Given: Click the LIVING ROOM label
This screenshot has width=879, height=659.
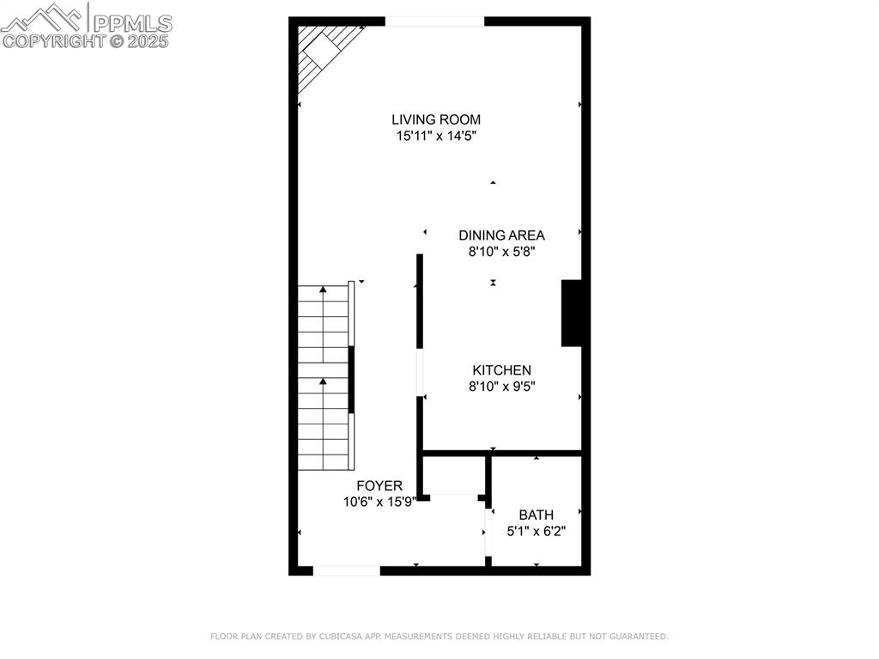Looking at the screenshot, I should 435,119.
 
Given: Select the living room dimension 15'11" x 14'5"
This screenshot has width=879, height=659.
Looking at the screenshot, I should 435,136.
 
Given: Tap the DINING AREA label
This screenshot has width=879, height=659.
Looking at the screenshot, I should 501,235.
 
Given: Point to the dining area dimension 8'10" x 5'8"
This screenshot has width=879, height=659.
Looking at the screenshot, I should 501,252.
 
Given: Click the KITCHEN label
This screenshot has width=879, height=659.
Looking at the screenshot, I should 501,369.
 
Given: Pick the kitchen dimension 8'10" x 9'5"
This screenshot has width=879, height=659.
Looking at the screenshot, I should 501,387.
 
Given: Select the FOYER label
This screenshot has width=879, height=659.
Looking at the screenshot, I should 379,485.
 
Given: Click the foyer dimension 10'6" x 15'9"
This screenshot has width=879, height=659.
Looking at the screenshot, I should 379,501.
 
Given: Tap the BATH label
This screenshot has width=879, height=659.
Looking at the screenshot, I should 536,515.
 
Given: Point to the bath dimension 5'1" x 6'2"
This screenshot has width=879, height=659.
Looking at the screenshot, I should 536,531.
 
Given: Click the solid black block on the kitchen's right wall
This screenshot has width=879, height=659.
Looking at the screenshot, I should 572,313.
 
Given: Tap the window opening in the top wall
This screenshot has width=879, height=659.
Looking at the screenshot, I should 434,21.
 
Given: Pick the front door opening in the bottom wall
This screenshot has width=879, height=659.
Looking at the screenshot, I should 346,570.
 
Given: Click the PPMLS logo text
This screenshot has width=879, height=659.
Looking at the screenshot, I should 131,22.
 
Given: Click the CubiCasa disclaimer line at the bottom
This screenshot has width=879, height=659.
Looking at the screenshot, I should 439,637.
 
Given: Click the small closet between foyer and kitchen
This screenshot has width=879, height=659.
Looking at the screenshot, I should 454,475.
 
